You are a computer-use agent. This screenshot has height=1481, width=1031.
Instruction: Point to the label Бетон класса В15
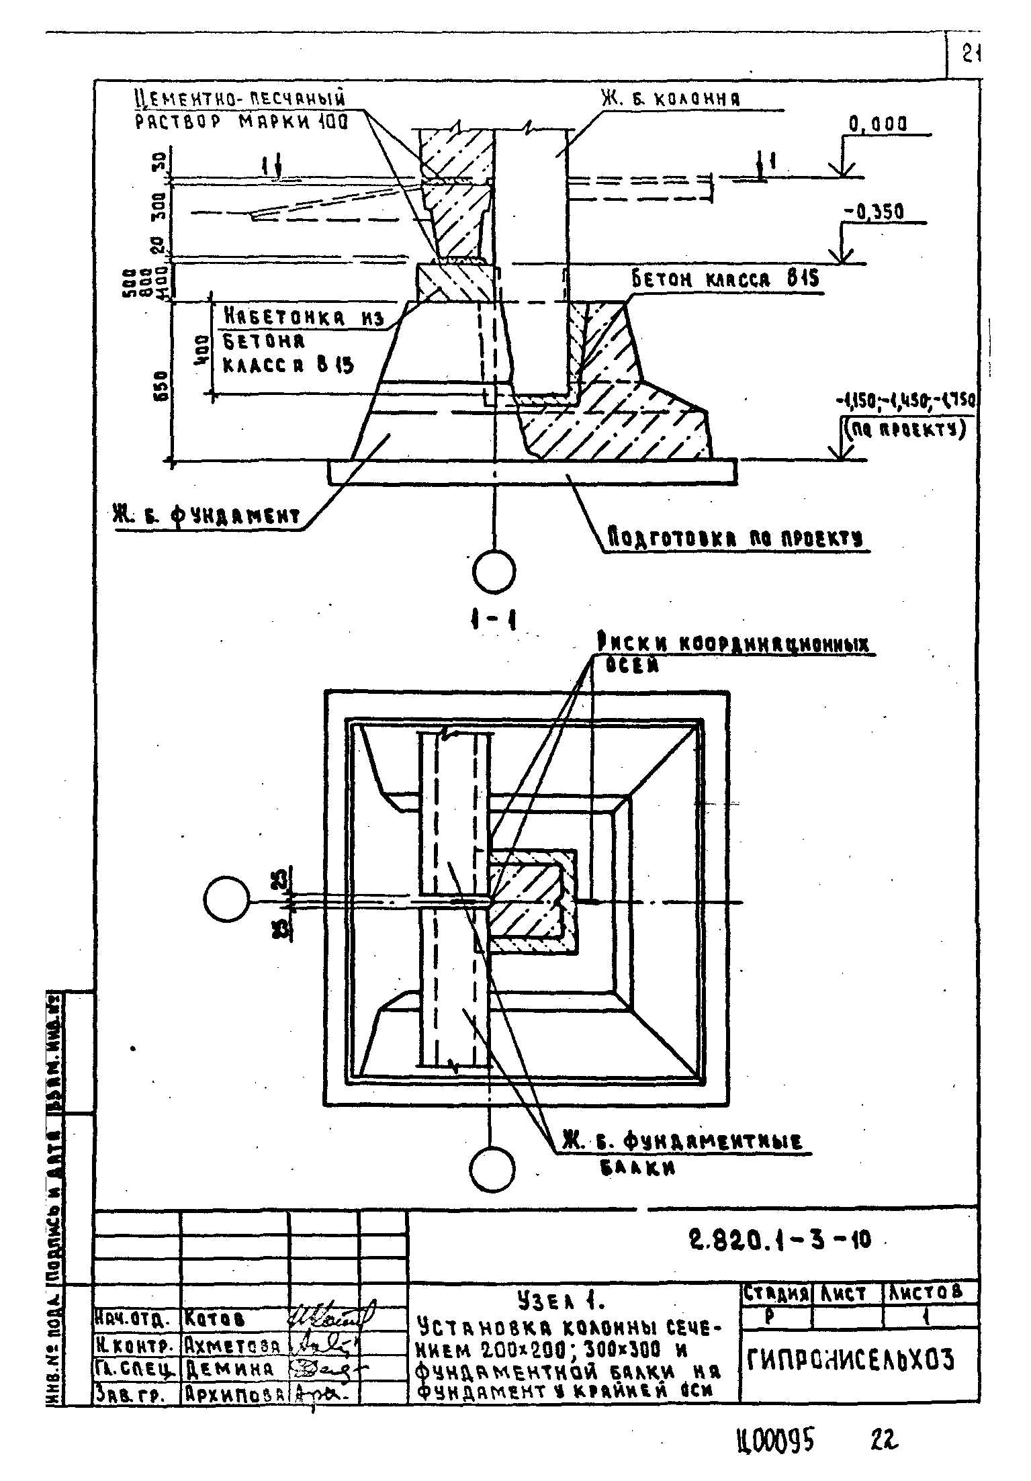pyautogui.click(x=725, y=279)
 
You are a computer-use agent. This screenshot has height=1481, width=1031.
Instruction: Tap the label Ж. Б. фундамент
pyautogui.click(x=206, y=516)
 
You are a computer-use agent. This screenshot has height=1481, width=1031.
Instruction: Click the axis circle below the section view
pyautogui.click(x=494, y=572)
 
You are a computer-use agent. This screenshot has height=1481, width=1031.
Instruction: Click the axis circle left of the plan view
pyautogui.click(x=226, y=900)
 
